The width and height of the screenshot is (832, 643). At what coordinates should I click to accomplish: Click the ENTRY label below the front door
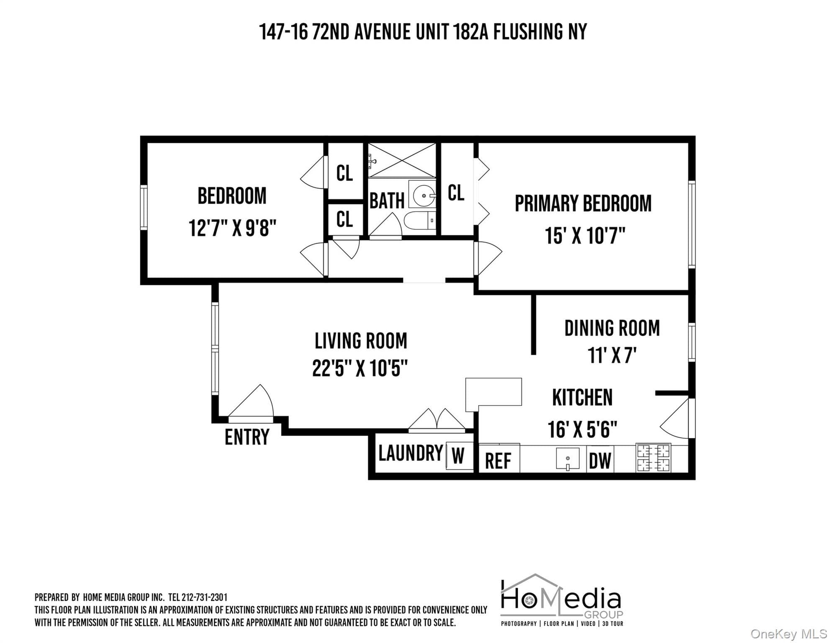(x=247, y=437)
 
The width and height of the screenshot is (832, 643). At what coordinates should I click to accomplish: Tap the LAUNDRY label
(x=411, y=453)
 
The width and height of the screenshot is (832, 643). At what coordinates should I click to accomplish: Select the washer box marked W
(x=459, y=455)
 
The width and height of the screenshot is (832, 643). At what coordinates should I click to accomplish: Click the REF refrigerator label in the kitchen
(x=498, y=461)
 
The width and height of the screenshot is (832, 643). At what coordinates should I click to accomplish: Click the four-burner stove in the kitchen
(x=653, y=458)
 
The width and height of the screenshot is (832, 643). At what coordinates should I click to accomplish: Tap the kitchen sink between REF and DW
(x=568, y=459)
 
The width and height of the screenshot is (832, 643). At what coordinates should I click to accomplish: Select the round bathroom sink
(x=423, y=195)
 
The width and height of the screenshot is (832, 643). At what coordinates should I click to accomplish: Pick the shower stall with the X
(x=402, y=160)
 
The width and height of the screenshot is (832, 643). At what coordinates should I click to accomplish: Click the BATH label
(x=387, y=201)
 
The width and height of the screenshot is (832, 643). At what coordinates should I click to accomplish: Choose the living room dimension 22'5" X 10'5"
(x=360, y=368)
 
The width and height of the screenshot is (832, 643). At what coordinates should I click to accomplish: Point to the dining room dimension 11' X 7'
(x=612, y=355)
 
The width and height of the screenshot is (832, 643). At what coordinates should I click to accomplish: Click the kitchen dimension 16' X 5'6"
(x=583, y=429)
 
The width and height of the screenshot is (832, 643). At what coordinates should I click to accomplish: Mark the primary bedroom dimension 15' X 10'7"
(x=585, y=236)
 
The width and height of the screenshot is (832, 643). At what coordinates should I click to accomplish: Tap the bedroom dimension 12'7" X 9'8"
(x=233, y=228)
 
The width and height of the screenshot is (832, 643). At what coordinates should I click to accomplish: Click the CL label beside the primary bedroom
(x=456, y=193)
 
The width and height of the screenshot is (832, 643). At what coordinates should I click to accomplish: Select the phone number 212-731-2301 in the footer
(x=205, y=597)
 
